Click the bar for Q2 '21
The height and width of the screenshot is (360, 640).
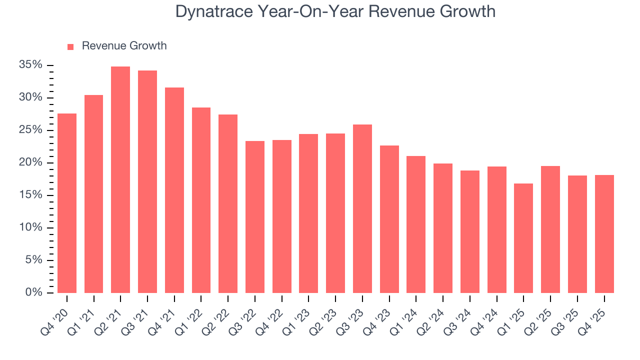pos(120,180)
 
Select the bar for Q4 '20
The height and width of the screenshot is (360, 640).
pos(67,203)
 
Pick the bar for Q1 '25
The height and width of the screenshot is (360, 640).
pos(523,238)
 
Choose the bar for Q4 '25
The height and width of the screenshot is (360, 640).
pos(604,234)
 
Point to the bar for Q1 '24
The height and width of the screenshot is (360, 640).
pos(416,224)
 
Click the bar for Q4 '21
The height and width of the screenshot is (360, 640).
pos(174,190)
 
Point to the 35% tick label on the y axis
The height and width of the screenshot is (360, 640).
pos(30,65)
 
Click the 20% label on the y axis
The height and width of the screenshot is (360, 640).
pos(30,162)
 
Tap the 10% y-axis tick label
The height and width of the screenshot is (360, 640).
pos(30,227)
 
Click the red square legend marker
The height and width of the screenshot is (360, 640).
pos(70,46)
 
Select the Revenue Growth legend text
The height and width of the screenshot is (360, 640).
pos(124,46)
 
